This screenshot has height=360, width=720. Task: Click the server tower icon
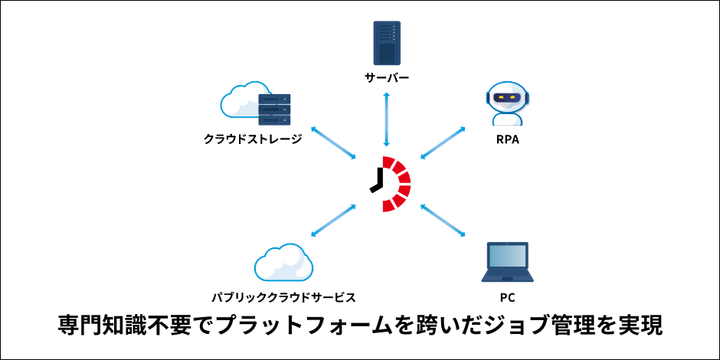click(387, 43)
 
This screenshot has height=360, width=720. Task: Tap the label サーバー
click(387, 78)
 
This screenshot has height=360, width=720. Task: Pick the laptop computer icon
click(508, 263)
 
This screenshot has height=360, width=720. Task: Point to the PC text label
click(508, 296)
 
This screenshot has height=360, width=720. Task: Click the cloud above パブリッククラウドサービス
click(283, 263)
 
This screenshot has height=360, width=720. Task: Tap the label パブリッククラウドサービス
click(283, 296)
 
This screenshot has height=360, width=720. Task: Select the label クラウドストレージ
click(253, 139)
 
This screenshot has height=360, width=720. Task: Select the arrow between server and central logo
click(388, 118)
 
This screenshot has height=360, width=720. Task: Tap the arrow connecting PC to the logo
click(444, 222)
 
